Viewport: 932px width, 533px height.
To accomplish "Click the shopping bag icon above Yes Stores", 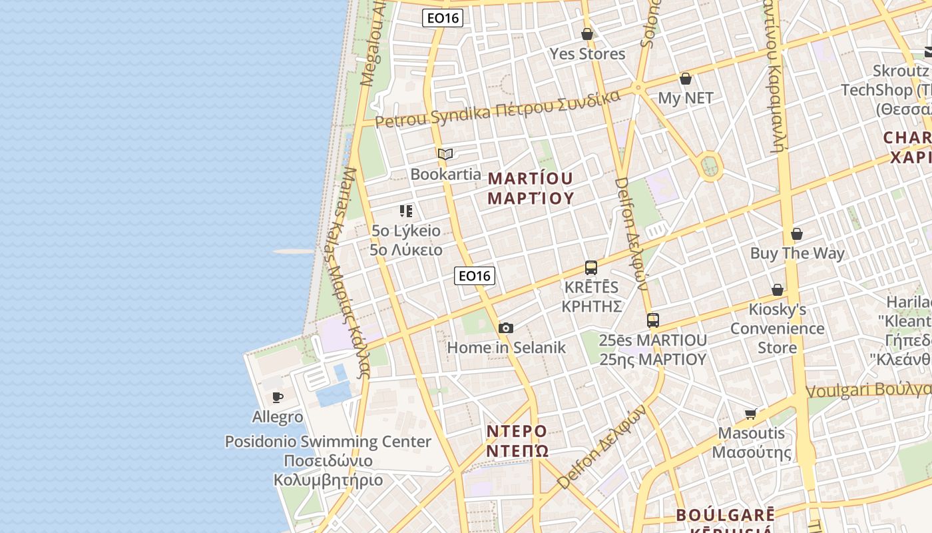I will point(587,34).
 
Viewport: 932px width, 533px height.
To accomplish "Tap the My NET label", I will point(685,98).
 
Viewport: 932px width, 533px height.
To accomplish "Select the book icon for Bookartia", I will point(445,155).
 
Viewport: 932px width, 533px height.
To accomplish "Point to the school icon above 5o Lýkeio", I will point(406,211).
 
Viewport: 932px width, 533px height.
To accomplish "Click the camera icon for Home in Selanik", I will point(506,328).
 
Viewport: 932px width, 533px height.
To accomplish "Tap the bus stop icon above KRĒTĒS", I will point(591,268).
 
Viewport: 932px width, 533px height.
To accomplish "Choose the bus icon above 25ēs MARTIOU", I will point(653,320).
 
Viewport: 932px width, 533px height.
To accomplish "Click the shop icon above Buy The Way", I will point(797,234).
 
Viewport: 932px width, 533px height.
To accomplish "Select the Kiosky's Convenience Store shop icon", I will point(777,290).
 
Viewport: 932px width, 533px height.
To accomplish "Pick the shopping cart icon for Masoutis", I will point(752,414).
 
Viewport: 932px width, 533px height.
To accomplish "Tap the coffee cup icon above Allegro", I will point(278,398).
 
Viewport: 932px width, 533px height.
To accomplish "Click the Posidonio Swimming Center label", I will point(328,442).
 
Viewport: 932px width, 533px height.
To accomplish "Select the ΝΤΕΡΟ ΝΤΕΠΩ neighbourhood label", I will point(517,440).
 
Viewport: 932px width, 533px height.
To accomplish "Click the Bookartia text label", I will point(445,175).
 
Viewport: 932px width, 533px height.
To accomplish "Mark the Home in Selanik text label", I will point(506,347).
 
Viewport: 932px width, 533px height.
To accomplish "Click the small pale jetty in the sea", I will point(292,251).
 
